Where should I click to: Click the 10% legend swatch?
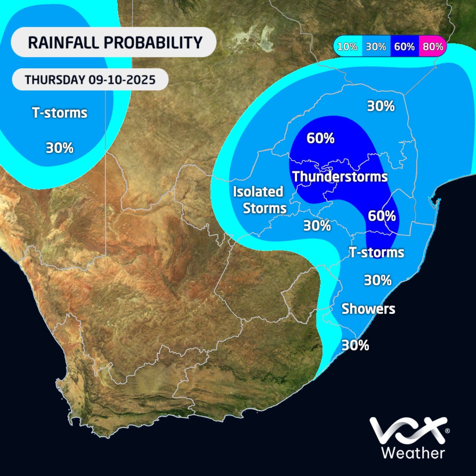tap(348, 46)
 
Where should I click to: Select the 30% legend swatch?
tap(376, 46)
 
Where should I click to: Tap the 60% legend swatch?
tap(405, 46)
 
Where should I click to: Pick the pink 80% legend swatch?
tap(432, 46)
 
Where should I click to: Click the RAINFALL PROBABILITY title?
tap(115, 42)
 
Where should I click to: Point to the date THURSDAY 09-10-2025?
tap(90, 80)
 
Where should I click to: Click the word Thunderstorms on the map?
tap(340, 177)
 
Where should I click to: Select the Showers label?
tap(368, 309)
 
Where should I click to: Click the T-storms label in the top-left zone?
tap(59, 113)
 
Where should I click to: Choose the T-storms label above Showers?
tap(376, 252)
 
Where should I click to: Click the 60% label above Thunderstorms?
tap(320, 138)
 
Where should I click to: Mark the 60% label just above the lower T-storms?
tap(382, 216)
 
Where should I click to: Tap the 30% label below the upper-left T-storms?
tap(59, 148)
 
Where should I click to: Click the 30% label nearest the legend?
tap(381, 106)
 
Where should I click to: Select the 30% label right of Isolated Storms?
tap(317, 226)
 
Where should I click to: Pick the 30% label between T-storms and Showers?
tap(378, 280)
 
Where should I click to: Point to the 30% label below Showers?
tap(355, 345)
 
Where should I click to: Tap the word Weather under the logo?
tap(413, 453)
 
